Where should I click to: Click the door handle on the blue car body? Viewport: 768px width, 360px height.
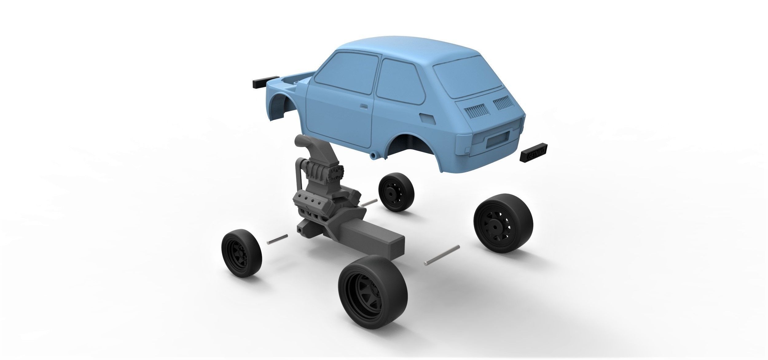(363, 106)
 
